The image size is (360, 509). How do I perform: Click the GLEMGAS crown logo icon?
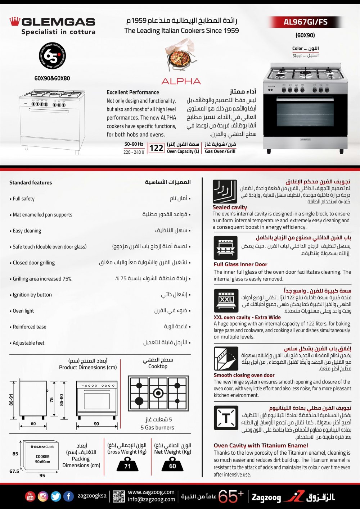pos(14,22)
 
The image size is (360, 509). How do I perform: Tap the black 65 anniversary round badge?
pos(52,56)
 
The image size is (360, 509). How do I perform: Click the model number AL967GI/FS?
pos(306,22)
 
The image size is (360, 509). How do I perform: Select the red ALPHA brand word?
pos(181,81)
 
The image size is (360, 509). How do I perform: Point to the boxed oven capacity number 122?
pos(156,148)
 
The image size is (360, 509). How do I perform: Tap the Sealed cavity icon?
pos(225,191)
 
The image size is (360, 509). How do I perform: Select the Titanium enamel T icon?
pos(226,418)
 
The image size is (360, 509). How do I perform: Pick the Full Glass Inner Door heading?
pos(240,264)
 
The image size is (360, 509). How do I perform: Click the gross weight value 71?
pos(127,465)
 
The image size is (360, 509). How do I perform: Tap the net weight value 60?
pos(172,465)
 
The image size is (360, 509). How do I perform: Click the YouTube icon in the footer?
pos(30,496)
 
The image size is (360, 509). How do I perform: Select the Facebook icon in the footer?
pos(68,496)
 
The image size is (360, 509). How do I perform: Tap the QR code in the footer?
pos(118,496)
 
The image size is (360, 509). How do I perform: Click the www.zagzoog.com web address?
pos(151,492)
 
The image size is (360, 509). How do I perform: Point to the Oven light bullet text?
pos(23,311)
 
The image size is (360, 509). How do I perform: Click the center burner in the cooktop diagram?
pos(158,392)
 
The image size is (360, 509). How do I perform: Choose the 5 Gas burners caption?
pos(157,427)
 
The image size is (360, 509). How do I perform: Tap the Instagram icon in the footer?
pos(43,496)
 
